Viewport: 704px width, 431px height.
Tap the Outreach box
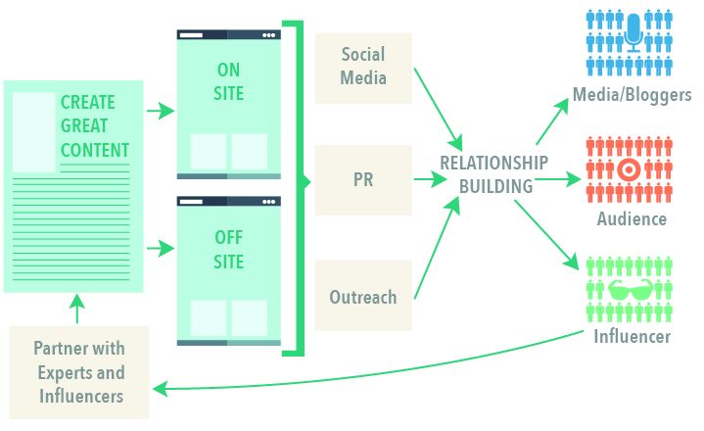coord(363,295)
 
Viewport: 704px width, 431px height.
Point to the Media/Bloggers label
coord(632,95)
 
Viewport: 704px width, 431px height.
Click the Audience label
coord(632,219)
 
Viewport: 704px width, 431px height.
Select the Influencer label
coord(634,337)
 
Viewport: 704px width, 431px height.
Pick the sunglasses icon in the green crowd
coord(633,290)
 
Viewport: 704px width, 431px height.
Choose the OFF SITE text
coord(229,252)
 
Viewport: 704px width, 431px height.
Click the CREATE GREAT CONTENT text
coord(94,126)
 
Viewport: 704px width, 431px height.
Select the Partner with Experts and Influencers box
coord(78,372)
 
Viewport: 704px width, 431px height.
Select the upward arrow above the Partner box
coord(76,309)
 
